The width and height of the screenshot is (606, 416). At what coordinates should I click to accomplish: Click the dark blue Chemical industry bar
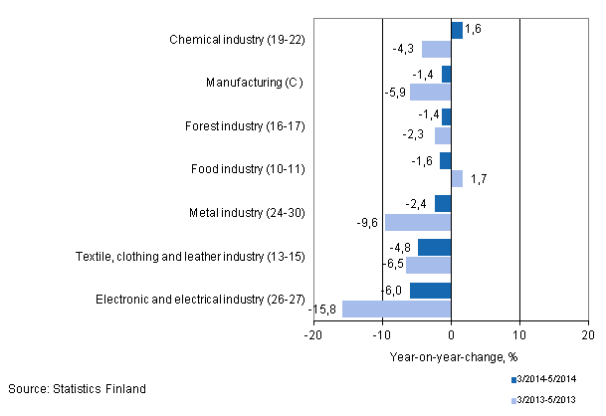[x=457, y=31]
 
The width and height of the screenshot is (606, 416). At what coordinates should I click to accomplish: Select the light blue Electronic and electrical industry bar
[x=397, y=309]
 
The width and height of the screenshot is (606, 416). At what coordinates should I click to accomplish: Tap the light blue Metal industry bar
[x=418, y=222]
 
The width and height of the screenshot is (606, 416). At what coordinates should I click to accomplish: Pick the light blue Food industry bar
[x=457, y=179]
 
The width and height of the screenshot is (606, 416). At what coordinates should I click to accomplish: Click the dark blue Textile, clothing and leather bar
[x=434, y=248]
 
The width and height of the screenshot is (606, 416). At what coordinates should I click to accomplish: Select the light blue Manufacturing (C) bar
[x=431, y=93]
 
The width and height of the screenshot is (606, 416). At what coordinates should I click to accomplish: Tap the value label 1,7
[x=477, y=180]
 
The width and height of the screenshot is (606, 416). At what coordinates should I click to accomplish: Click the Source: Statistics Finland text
[x=77, y=388]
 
